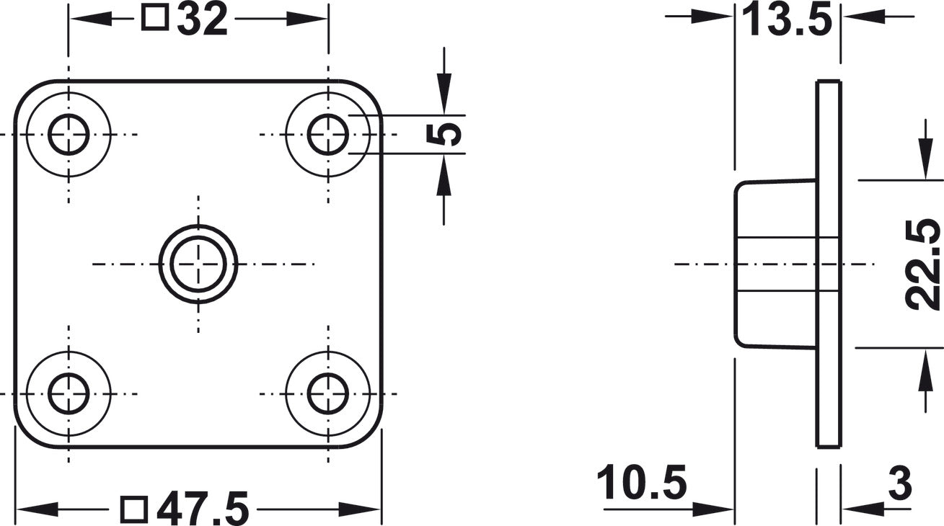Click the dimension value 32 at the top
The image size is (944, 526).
point(203,19)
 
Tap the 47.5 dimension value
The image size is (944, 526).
point(203,509)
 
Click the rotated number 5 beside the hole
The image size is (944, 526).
point(444,134)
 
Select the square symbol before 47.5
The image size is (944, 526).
point(134,510)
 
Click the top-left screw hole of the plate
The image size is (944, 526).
point(69,134)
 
